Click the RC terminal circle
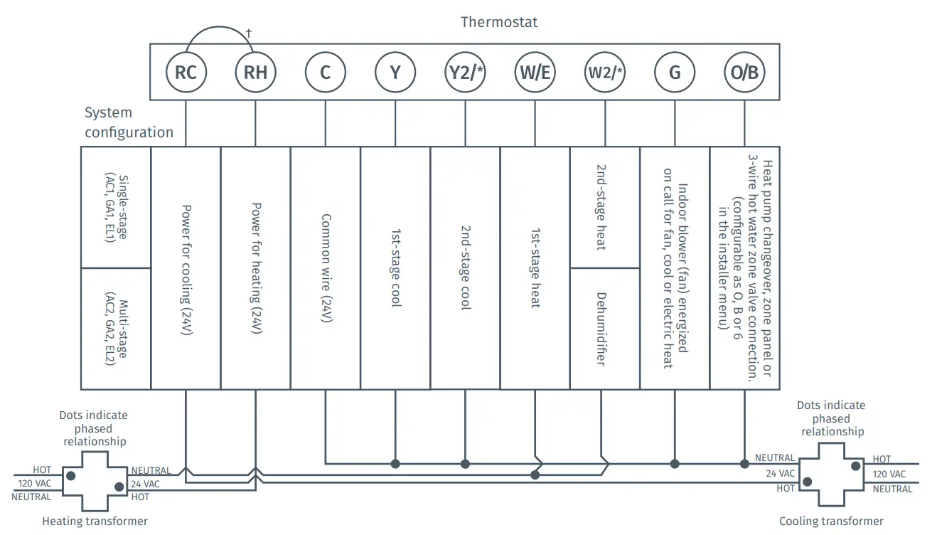tap(186, 73)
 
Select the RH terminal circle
tap(255, 73)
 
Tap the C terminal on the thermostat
tap(325, 73)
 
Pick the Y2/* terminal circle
tap(465, 73)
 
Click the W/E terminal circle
tap(535, 73)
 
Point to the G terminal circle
tap(674, 73)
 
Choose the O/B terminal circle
tap(744, 73)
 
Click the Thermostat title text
tap(499, 22)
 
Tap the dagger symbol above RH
tap(249, 33)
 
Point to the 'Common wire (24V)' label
tap(326, 268)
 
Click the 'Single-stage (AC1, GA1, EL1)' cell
tap(116, 207)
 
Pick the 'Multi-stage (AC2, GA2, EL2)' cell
tap(116, 328)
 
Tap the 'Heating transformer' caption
tap(95, 521)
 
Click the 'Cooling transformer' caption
tap(831, 521)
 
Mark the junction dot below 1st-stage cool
tap(395, 464)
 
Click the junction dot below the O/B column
tap(744, 464)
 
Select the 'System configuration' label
tap(129, 122)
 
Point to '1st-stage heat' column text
tap(535, 268)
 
